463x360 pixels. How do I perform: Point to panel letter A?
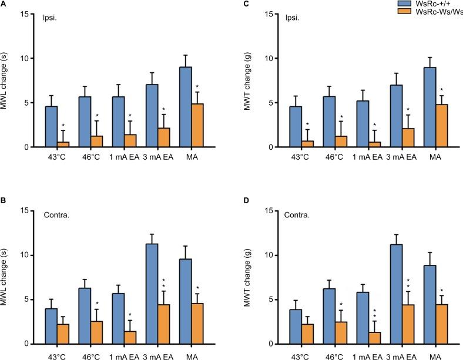[4, 4]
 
